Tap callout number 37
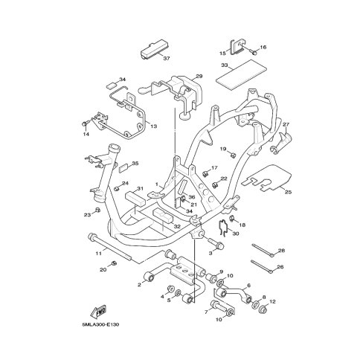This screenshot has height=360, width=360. click(x=167, y=59)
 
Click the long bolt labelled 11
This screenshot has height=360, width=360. click(x=109, y=247)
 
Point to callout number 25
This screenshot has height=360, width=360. click(x=288, y=192)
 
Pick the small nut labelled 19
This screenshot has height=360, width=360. click(x=233, y=155)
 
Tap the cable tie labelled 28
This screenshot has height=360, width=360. click(x=263, y=250)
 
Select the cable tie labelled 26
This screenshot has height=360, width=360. click(x=262, y=266)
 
